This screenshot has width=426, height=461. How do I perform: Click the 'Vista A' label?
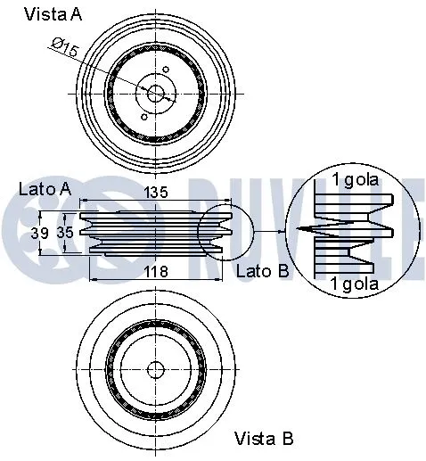54,13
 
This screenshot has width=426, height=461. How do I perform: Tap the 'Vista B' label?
264,438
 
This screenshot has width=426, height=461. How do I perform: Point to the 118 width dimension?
156,273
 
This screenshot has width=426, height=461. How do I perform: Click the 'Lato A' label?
44,188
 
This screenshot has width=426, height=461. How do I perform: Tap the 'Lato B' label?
263,269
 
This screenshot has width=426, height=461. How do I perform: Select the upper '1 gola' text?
356,179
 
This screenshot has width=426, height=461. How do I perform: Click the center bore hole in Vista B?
156,368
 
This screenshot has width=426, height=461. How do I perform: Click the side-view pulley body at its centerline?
156,231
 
